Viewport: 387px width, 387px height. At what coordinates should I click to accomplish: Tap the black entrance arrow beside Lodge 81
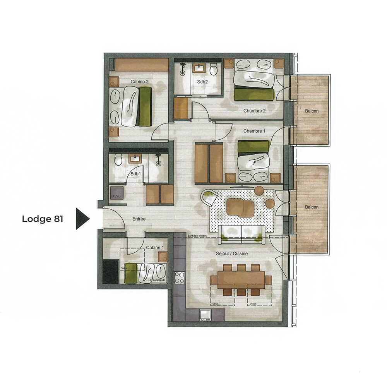[x=82, y=219]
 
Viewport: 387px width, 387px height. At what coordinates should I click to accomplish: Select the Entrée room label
[x=139, y=219]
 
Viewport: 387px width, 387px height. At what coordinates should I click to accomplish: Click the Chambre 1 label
[x=254, y=131]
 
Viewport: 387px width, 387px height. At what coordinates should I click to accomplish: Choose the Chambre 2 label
[x=254, y=111]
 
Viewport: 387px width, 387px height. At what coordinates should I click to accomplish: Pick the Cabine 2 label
[x=139, y=82]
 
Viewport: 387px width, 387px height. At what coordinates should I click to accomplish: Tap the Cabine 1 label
[x=155, y=248]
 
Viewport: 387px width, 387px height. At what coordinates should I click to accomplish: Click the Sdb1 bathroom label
[x=135, y=174]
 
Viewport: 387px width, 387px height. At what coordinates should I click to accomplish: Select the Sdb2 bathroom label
[x=202, y=82]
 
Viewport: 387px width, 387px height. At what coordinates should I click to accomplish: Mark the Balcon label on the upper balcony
[x=312, y=111]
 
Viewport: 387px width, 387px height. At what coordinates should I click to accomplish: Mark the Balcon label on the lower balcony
[x=312, y=207]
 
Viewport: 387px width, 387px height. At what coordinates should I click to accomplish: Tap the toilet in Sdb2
[x=213, y=70]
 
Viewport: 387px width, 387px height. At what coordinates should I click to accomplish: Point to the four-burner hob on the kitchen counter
[x=180, y=277]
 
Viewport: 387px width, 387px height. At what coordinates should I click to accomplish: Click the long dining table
[x=241, y=279]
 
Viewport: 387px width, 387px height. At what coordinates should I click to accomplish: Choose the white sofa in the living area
[x=241, y=234]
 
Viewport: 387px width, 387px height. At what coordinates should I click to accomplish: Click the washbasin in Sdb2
[x=199, y=68]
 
